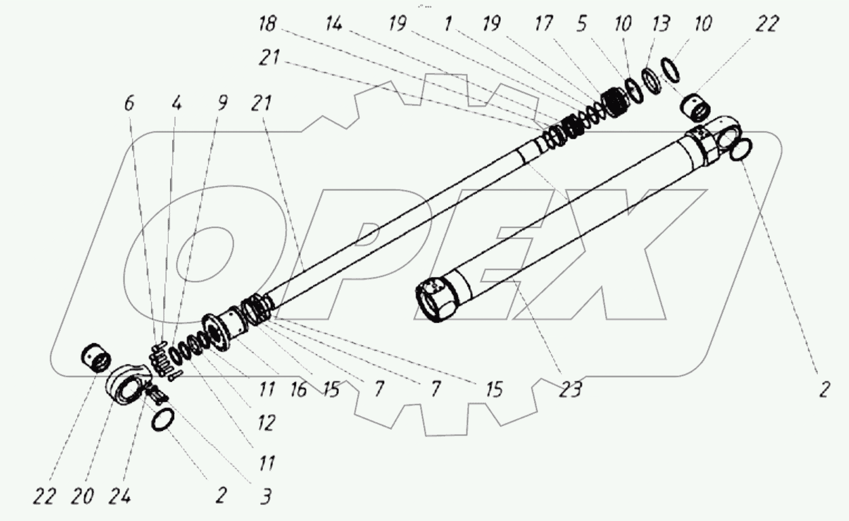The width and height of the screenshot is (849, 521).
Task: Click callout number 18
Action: tap(268, 24)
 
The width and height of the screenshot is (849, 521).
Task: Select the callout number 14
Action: tap(333, 24)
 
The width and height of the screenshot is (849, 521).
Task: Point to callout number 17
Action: tap(543, 24)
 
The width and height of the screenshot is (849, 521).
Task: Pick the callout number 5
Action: tap(581, 24)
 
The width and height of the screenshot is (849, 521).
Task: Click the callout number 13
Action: tap(661, 24)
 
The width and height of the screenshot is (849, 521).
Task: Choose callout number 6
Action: tap(129, 103)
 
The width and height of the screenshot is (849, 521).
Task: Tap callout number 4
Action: tap(176, 103)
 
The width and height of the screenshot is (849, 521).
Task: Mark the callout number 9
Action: tap(222, 103)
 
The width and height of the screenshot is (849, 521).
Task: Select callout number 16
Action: tap(298, 390)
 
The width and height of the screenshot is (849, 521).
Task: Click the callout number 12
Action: tap(266, 422)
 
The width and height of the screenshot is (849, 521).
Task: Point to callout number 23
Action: tap(570, 390)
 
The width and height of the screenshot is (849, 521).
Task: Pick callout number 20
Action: tap(82, 496)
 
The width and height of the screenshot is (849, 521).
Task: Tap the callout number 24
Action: tap(119, 496)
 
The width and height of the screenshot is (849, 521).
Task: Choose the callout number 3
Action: tap(266, 496)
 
